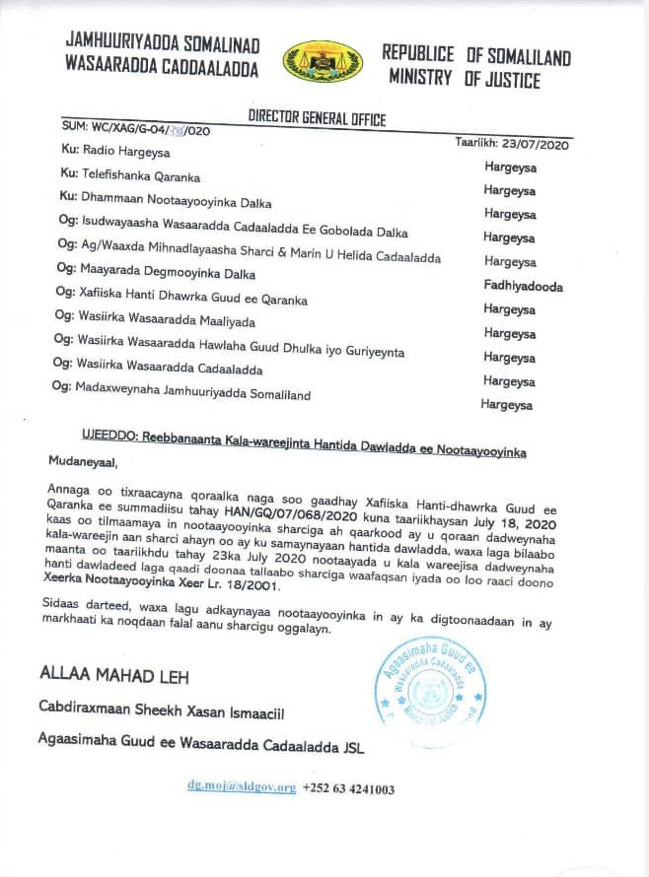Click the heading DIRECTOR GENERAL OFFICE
pos(317,119)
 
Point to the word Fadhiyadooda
pos(523,287)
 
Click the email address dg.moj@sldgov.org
pos(242,788)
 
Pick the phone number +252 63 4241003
pos(349,788)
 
